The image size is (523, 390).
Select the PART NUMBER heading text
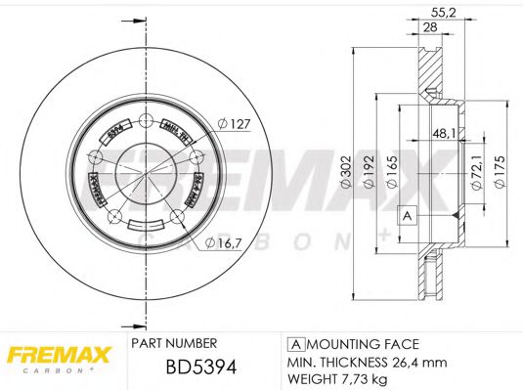(x=174, y=344)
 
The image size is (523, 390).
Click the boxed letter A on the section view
(x=407, y=216)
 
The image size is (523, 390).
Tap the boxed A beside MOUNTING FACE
(x=294, y=345)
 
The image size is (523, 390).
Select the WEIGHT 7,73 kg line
(x=337, y=378)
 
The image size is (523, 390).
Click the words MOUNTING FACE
(x=361, y=345)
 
